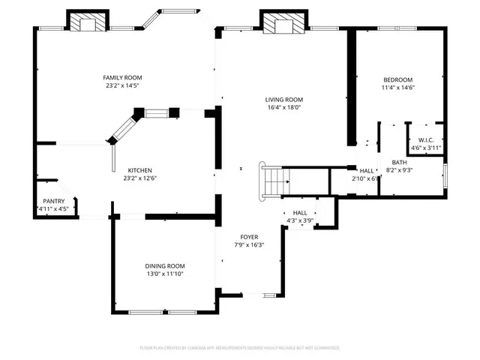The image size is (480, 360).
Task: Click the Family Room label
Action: coord(122,78)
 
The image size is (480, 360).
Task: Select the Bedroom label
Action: coord(397,80)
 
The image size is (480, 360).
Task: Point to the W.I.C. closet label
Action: coord(425,140)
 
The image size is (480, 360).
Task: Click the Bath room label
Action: coord(399,163)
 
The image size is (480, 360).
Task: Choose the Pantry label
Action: coord(53,201)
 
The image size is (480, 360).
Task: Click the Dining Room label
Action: coord(165,266)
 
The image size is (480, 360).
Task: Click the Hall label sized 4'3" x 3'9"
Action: coord(300,213)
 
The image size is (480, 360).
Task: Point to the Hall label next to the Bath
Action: coord(367,171)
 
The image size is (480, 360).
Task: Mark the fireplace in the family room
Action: coord(88,23)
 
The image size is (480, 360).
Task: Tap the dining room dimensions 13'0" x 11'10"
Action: coord(165,274)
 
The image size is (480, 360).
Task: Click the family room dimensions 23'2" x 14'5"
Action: coord(122,86)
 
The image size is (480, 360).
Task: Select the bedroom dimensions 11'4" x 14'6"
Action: coord(397,88)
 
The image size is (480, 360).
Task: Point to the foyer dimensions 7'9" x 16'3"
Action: coord(249,245)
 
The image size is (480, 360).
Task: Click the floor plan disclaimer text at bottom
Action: coord(240,348)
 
